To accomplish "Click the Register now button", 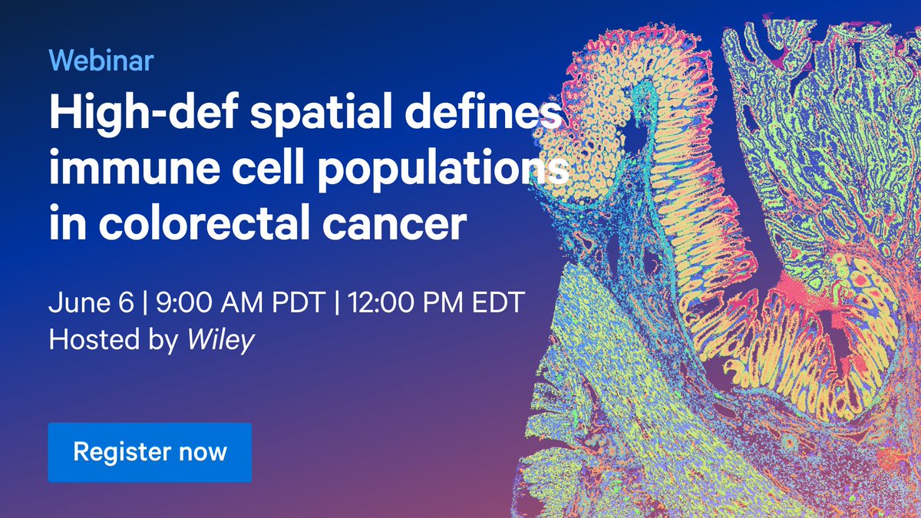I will tap(150, 451).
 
